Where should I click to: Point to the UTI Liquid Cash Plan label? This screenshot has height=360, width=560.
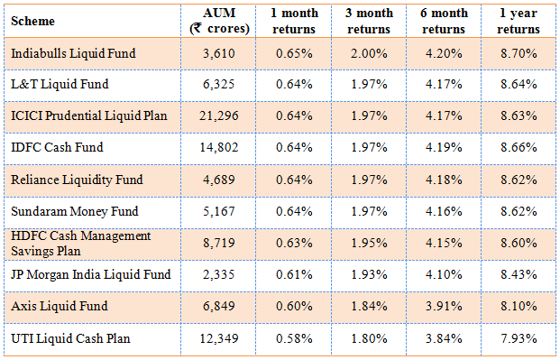click(x=70, y=338)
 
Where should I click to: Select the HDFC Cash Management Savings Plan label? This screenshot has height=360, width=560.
click(x=80, y=243)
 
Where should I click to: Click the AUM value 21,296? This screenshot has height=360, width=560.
click(x=221, y=116)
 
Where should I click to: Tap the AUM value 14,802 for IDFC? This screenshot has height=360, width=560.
click(x=221, y=148)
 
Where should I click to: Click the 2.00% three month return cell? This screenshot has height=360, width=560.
click(x=370, y=53)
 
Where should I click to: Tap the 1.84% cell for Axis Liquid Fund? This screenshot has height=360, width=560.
click(x=370, y=307)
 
